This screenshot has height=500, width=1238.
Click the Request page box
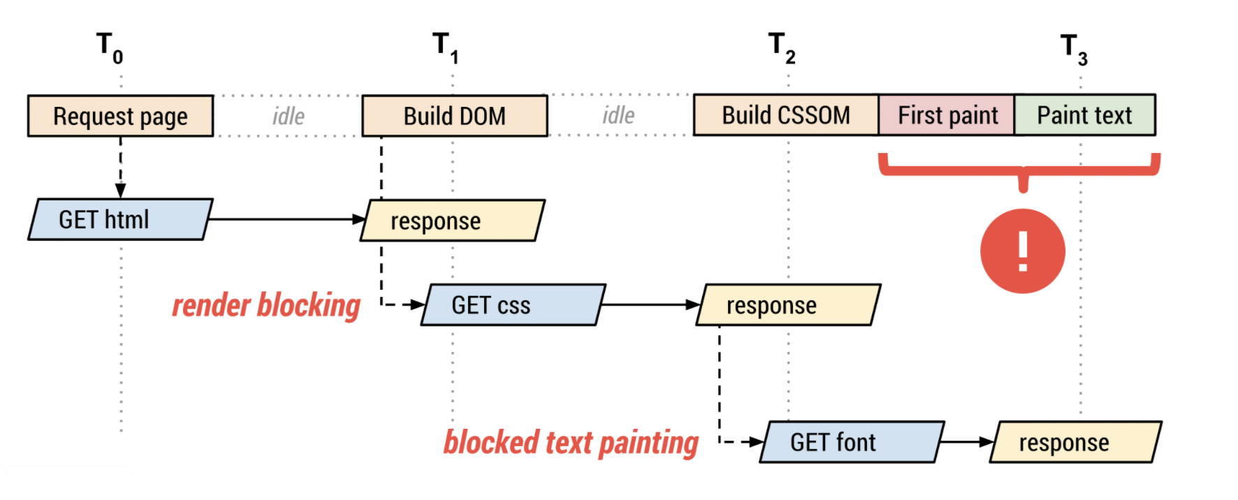click(120, 116)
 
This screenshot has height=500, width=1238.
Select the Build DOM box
click(455, 116)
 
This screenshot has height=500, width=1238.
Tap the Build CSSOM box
click(786, 115)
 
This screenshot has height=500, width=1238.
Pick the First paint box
click(947, 115)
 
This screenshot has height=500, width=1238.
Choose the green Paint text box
click(1084, 115)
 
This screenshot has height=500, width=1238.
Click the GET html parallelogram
click(120, 219)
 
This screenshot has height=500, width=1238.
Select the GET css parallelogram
click(514, 304)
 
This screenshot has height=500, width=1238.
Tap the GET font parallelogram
click(852, 442)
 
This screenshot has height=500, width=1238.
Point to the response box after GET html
click(453, 221)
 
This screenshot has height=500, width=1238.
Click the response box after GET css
click(789, 304)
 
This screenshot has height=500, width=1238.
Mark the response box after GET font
click(1076, 442)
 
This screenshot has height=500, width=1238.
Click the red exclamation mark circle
click(1023, 251)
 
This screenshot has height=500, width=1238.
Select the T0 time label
click(110, 47)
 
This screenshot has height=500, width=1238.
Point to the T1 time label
click(445, 47)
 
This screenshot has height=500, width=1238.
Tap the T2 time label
click(782, 47)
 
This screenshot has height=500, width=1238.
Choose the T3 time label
click(1074, 49)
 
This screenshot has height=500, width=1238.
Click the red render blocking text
click(266, 306)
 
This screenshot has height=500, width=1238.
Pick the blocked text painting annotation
click(571, 443)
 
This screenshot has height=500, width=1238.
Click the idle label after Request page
click(289, 116)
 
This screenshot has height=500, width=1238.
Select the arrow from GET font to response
click(967, 442)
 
